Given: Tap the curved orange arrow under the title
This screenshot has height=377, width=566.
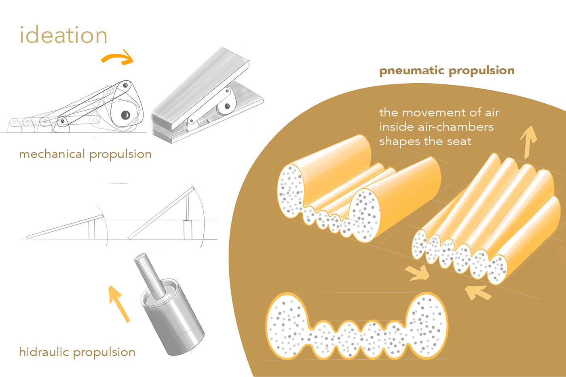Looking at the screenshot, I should coord(117,58).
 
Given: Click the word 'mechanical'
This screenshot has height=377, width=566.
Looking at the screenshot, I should coord(52,154).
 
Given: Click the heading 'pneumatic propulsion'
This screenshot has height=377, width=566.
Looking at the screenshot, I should coord(447,71).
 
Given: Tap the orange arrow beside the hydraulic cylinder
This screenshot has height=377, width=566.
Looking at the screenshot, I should coord(119,304).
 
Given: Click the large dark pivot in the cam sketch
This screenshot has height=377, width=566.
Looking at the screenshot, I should coord(125,115).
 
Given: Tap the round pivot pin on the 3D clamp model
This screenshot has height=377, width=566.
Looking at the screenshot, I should coord(227,107).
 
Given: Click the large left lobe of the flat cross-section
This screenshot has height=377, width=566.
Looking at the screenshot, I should coord(287,325).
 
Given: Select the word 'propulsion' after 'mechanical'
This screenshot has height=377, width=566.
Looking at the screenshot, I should coord(120,154).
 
